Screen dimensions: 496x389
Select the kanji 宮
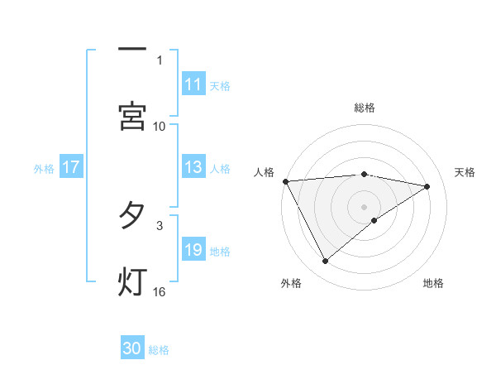[x=132, y=117]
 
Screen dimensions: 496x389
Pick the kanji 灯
[x=132, y=282]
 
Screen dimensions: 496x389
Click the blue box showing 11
[x=193, y=84]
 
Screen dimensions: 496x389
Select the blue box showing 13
[x=193, y=167]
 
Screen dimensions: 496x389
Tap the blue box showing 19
[x=193, y=250]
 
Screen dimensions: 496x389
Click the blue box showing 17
[x=71, y=167]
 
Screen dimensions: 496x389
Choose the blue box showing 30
[x=132, y=348]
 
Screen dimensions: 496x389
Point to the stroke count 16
[x=160, y=291]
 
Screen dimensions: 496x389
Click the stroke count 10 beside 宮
[x=160, y=126]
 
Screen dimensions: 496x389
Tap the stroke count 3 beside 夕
[x=160, y=225]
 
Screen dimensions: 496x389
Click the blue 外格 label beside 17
[x=44, y=168]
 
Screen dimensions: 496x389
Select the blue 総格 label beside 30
[x=159, y=349]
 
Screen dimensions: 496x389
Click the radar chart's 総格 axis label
[x=364, y=108]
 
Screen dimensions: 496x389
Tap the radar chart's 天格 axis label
[x=465, y=172]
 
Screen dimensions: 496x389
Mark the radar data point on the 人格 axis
[x=285, y=181]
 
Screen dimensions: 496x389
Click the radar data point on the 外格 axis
[x=325, y=262]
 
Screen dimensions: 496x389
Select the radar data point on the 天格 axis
[x=427, y=186]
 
